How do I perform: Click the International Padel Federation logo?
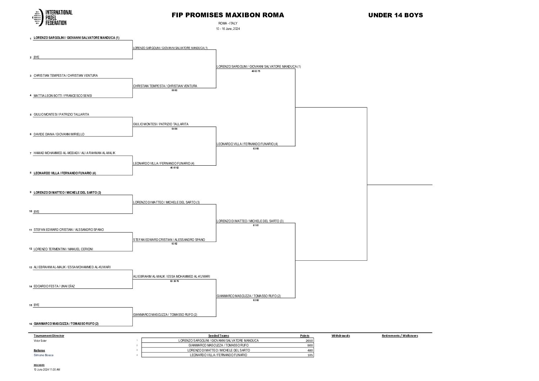53,17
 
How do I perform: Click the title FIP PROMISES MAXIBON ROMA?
228,15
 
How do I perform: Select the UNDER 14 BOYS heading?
395,15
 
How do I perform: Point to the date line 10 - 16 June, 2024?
228,29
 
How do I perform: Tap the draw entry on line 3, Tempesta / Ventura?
66,76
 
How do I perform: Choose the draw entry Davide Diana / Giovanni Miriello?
59,134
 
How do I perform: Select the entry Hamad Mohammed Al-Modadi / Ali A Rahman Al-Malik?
74,153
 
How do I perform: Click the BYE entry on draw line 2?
36,57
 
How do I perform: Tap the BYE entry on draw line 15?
36,305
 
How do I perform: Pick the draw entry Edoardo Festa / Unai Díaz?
54,286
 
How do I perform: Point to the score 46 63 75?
256,71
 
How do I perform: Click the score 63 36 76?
174,281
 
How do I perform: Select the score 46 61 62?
174,168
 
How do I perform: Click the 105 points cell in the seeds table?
310,355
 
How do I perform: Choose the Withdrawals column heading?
340,336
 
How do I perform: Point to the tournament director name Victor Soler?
40,341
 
